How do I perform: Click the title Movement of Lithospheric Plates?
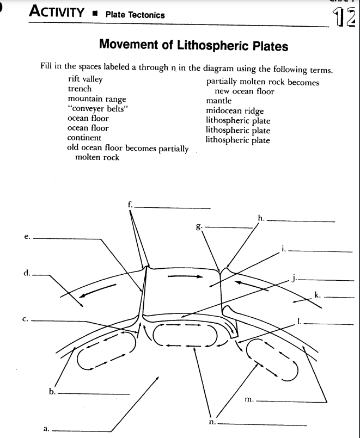pyautogui.click(x=193, y=46)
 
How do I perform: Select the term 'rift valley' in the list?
pyautogui.click(x=85, y=79)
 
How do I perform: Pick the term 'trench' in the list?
pyautogui.click(x=80, y=89)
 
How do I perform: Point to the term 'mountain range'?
pyautogui.click(x=96, y=99)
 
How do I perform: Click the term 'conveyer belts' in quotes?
pyautogui.click(x=91, y=108)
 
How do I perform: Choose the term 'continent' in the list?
pyautogui.click(x=84, y=138)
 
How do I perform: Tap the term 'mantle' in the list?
pyautogui.click(x=218, y=101)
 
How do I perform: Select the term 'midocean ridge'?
pyautogui.click(x=235, y=111)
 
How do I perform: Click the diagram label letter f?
pyautogui.click(x=130, y=205)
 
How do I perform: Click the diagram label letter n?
pyautogui.click(x=212, y=421)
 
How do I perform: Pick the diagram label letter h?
pyautogui.click(x=261, y=219)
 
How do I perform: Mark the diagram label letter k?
pyautogui.click(x=318, y=295)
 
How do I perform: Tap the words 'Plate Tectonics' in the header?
pyautogui.click(x=135, y=15)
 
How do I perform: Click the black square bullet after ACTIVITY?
pyautogui.click(x=96, y=14)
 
